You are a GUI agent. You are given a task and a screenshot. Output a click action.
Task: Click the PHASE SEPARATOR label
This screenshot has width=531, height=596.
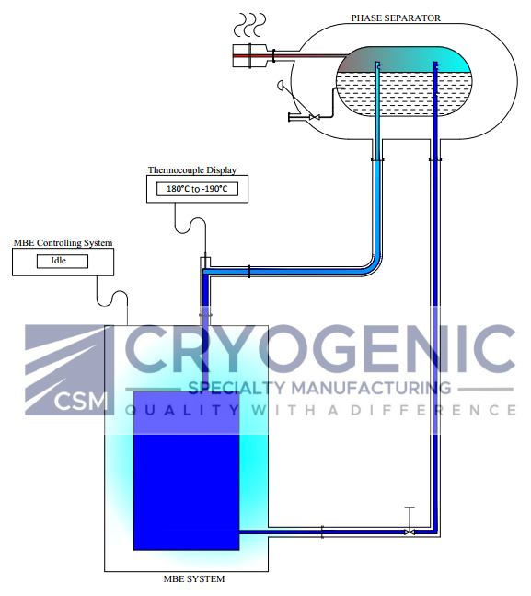[396, 18]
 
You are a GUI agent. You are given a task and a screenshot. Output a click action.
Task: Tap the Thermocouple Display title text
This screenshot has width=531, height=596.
[192, 169]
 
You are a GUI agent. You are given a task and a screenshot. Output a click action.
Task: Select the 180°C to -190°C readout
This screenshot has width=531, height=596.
[197, 189]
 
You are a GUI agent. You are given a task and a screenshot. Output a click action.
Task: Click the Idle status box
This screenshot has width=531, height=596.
[63, 261]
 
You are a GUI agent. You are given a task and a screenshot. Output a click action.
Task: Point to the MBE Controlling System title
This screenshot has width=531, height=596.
[63, 242]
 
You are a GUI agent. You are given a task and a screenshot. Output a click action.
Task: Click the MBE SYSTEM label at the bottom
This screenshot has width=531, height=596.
[193, 578]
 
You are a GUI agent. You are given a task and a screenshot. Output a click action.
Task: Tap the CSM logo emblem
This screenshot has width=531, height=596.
[70, 369]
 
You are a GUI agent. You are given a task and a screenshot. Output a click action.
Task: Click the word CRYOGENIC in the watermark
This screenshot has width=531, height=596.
[320, 349]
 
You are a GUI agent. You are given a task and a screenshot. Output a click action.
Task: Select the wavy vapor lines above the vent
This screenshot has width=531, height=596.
[249, 25]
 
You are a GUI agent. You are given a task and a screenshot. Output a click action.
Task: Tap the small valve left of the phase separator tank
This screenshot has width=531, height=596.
[314, 117]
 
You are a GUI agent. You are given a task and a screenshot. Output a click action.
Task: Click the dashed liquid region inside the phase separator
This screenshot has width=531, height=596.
[404, 94]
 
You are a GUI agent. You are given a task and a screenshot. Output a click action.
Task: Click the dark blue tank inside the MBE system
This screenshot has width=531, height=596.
[187, 471]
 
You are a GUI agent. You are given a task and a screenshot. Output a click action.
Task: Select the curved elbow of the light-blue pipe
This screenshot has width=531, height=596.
[375, 265]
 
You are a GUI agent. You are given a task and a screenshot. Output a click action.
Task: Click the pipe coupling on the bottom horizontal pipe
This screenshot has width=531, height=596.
[322, 532]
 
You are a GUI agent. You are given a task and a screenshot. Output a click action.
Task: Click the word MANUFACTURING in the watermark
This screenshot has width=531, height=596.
[371, 388]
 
